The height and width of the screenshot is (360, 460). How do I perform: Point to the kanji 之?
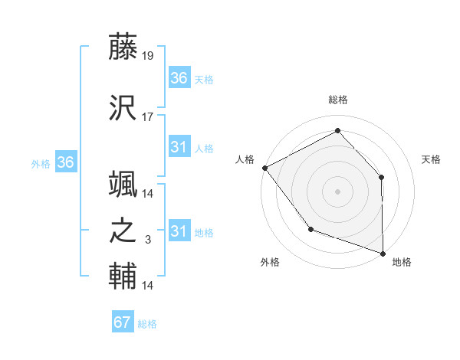tap(123, 231)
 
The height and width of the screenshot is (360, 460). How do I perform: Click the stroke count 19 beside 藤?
tap(148, 56)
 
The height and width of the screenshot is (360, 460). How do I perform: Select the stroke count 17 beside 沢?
tap(148, 117)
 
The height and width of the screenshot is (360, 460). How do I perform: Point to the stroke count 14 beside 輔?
tap(148, 286)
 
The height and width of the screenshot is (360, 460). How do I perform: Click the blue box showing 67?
tap(123, 322)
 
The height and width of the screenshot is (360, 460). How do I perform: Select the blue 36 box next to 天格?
tap(179, 78)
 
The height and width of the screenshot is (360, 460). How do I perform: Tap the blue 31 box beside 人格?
tap(179, 147)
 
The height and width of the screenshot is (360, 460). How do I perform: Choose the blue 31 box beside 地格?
tap(179, 231)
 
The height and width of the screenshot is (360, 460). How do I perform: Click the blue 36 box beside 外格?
tap(66, 162)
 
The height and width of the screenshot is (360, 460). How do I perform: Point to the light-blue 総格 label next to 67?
tap(147, 324)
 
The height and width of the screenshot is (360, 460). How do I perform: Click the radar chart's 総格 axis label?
tap(337, 100)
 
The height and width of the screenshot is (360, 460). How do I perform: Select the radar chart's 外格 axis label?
tap(270, 262)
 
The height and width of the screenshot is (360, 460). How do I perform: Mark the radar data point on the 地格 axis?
tap(383, 252)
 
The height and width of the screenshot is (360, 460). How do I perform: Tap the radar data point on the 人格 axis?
tap(264, 167)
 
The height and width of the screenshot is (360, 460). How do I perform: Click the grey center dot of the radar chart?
tap(337, 190)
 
